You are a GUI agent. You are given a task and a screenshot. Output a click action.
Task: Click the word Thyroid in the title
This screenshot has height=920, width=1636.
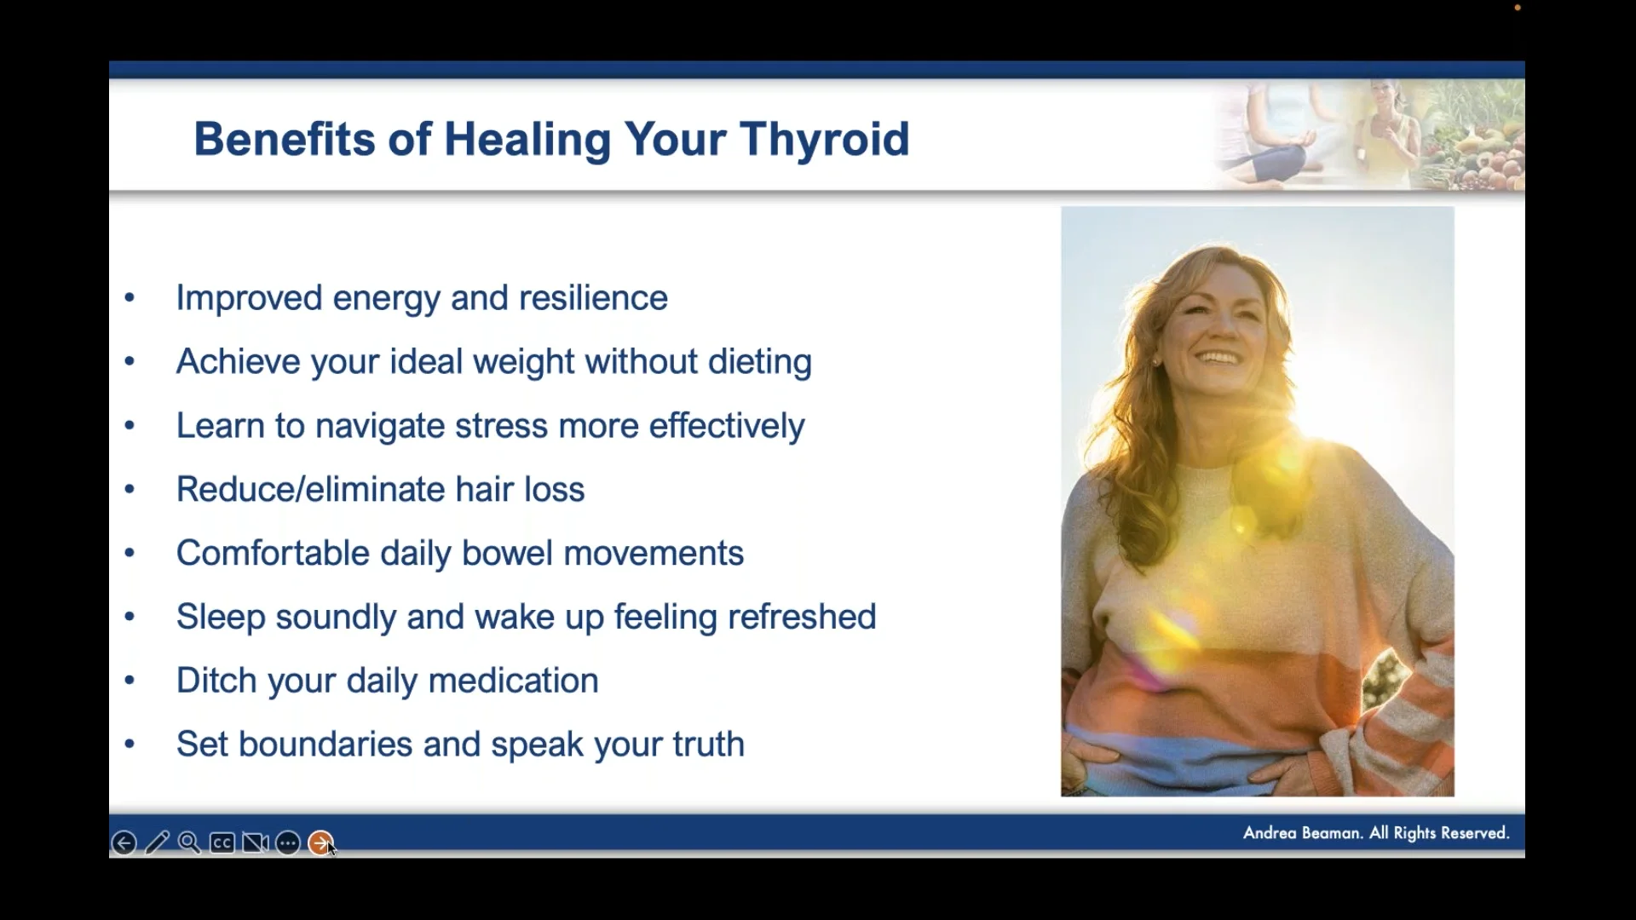pos(825,140)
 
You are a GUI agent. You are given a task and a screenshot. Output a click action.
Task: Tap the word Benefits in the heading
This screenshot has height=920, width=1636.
pos(285,139)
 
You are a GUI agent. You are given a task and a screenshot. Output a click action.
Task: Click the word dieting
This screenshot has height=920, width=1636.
pos(760,363)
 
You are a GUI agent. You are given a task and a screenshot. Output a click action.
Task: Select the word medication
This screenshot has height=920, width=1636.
pos(513,681)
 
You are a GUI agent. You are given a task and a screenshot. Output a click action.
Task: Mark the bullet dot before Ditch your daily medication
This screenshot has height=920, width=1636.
pos(130,681)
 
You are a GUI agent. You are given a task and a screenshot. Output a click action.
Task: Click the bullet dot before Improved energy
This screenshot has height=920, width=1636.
pos(130,298)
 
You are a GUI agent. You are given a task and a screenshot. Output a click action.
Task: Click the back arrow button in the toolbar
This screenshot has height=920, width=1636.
pos(124,843)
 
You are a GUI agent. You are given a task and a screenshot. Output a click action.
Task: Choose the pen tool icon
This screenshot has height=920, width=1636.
pos(157,843)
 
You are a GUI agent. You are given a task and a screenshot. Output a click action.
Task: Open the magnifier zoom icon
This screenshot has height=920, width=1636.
pos(189,843)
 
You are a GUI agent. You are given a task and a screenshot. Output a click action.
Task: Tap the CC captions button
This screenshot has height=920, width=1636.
pos(222,843)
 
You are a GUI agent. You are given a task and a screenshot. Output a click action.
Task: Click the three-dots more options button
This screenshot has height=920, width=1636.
pos(288,843)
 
